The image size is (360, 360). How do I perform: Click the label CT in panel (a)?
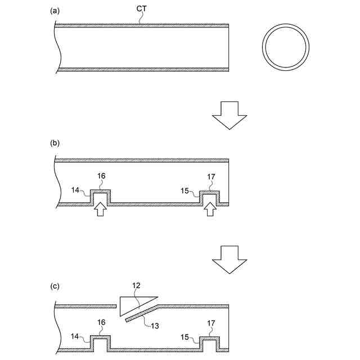pos(142,9)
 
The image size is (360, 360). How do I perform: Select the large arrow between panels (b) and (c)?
pos(229,259)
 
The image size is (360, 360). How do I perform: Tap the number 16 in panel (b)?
pos(101,177)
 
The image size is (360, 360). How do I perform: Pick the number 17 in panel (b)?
pos(211,177)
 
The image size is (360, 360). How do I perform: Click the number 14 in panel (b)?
pos(76,190)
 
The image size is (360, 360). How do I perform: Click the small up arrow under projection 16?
pos(100,209)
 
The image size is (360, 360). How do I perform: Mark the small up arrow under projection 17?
pos(210,209)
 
